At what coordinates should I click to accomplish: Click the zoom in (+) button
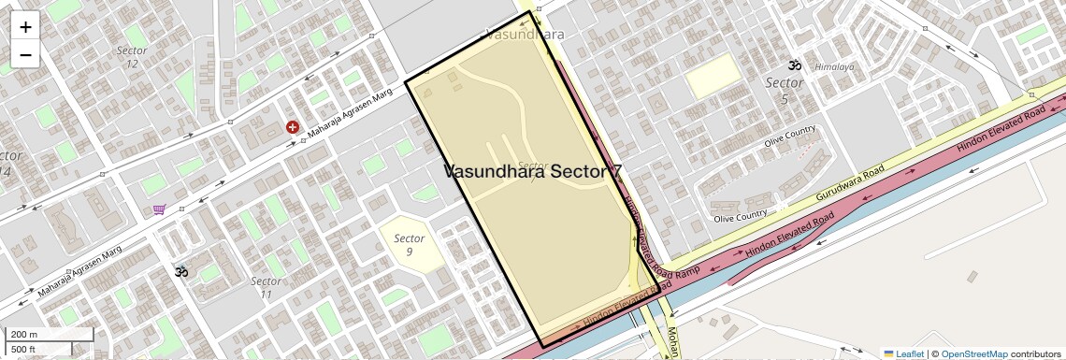[x=25, y=27]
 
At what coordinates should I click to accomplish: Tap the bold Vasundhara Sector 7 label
[x=532, y=171]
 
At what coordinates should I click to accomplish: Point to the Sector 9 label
[x=409, y=245]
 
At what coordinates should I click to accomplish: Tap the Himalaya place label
[x=834, y=67]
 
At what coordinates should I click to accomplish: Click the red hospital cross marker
[x=293, y=127]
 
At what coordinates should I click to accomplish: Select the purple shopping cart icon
[x=160, y=210]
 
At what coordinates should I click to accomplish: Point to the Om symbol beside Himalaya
[x=795, y=65]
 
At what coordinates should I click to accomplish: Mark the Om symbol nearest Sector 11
[x=181, y=271]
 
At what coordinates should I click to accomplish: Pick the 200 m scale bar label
[x=25, y=334]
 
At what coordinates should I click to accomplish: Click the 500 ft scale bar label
[x=25, y=349]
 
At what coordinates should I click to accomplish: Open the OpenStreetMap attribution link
[x=973, y=353]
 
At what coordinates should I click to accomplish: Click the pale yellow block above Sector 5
[x=713, y=75]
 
